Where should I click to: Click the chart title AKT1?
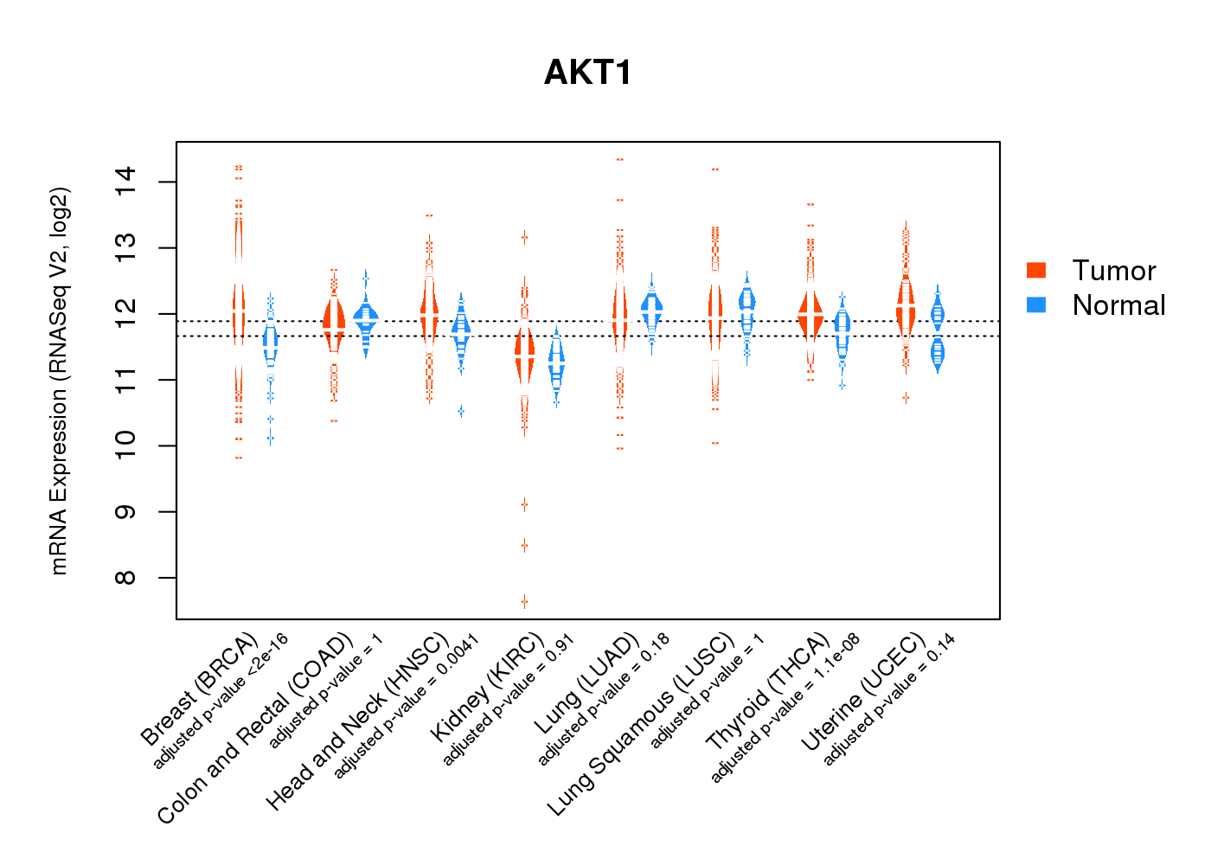[588, 73]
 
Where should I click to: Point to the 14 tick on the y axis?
[126, 182]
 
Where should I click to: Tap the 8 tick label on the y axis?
[126, 578]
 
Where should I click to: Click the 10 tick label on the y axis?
[126, 445]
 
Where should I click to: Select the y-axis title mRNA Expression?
[59, 381]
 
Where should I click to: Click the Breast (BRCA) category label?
[199, 689]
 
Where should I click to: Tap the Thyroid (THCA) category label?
[768, 692]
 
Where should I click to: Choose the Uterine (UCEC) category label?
[863, 692]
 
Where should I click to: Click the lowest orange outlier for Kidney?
[524, 601]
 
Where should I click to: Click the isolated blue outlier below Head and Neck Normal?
[461, 411]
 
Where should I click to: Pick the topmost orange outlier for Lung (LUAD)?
[619, 159]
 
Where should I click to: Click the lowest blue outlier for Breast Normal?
[270, 439]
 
